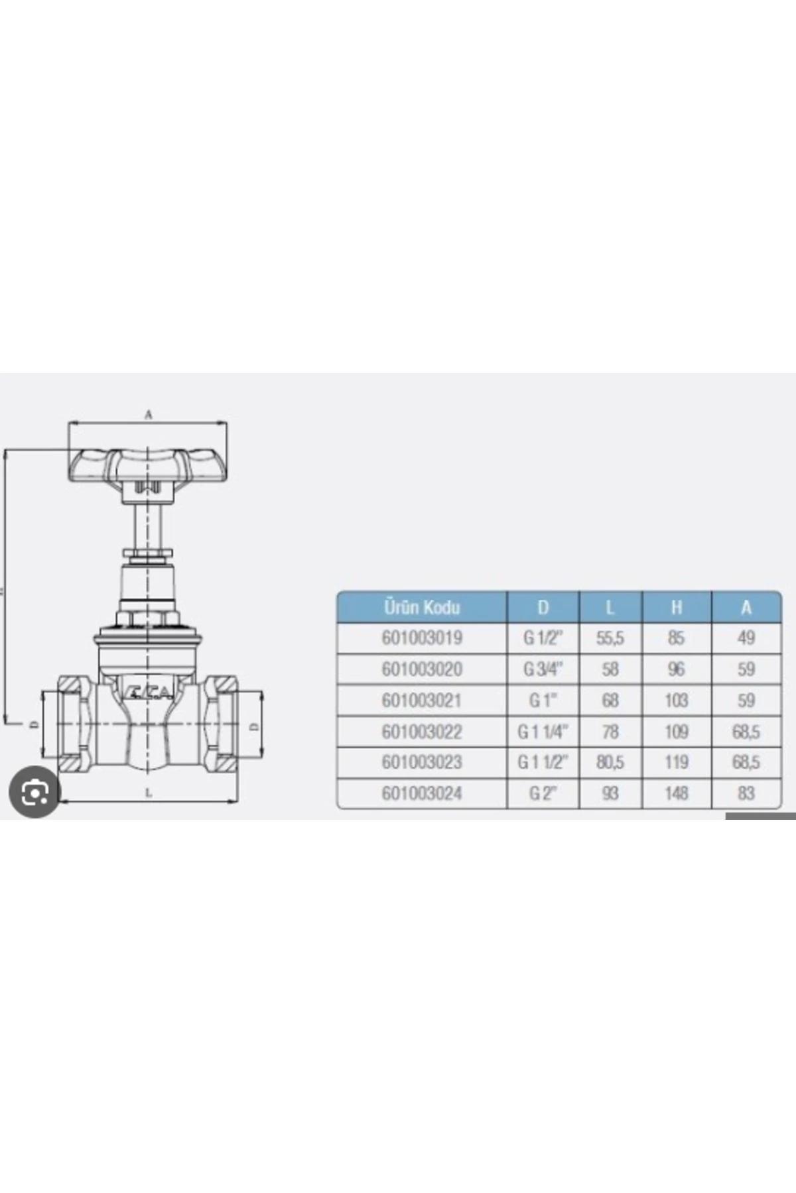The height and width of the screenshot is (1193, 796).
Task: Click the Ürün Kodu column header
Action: (x=422, y=607)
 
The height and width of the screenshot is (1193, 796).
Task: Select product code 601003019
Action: (x=422, y=638)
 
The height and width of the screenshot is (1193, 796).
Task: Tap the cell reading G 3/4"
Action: (x=543, y=669)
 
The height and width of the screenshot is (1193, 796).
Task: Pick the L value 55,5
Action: (x=610, y=638)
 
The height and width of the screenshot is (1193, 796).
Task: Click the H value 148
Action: (x=676, y=793)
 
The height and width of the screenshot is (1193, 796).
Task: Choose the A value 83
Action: (x=746, y=793)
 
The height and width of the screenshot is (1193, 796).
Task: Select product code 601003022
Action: (x=422, y=732)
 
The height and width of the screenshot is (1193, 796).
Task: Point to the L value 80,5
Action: (x=610, y=762)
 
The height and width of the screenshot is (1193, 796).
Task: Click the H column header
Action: (x=676, y=607)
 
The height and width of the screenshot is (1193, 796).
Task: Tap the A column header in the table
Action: (x=746, y=607)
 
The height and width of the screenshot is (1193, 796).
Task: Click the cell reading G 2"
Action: (x=543, y=793)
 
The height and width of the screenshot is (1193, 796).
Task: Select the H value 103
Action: (x=676, y=701)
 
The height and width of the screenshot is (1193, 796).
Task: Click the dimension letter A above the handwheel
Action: (x=149, y=415)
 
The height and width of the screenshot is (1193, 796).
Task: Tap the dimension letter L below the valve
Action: (x=149, y=793)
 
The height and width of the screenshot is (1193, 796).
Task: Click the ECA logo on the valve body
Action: (x=149, y=693)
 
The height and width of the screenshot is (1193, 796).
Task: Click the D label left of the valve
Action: (x=31, y=725)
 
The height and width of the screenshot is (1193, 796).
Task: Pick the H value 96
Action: (x=676, y=669)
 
